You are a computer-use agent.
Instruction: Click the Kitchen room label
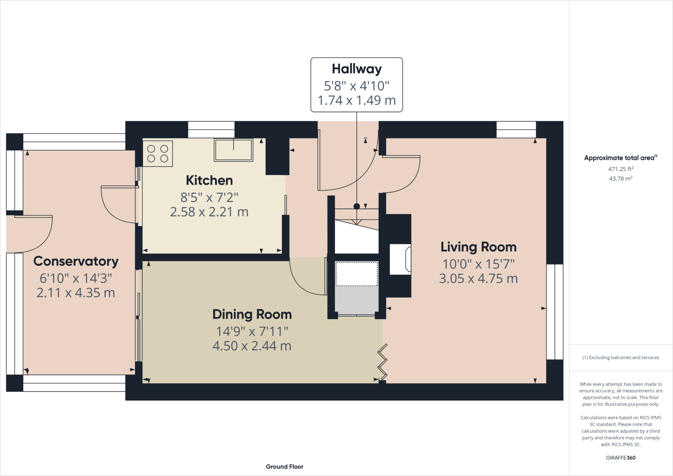click(x=209, y=180)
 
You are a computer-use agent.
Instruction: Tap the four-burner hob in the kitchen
click(x=158, y=153)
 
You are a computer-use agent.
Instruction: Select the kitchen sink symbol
click(x=233, y=150)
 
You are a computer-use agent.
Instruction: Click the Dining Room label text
click(x=252, y=314)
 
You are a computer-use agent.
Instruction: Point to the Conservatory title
click(x=76, y=261)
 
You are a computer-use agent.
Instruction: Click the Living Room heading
click(x=478, y=247)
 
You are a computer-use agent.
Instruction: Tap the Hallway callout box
click(x=357, y=85)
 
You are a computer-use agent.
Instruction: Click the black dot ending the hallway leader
click(x=357, y=206)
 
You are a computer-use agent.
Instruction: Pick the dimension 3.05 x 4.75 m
click(x=478, y=279)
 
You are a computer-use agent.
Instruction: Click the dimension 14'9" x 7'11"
click(x=252, y=331)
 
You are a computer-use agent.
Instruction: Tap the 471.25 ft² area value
click(x=620, y=169)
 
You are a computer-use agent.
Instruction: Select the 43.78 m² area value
click(x=620, y=178)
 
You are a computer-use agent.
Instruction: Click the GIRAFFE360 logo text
click(x=620, y=458)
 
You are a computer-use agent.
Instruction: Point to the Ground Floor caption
click(x=285, y=466)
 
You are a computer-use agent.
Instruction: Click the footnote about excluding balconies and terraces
click(x=620, y=357)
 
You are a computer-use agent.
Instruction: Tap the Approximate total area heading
click(x=620, y=158)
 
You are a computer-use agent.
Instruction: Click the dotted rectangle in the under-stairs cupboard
click(x=357, y=274)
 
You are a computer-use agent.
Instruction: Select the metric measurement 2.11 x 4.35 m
click(x=76, y=293)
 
